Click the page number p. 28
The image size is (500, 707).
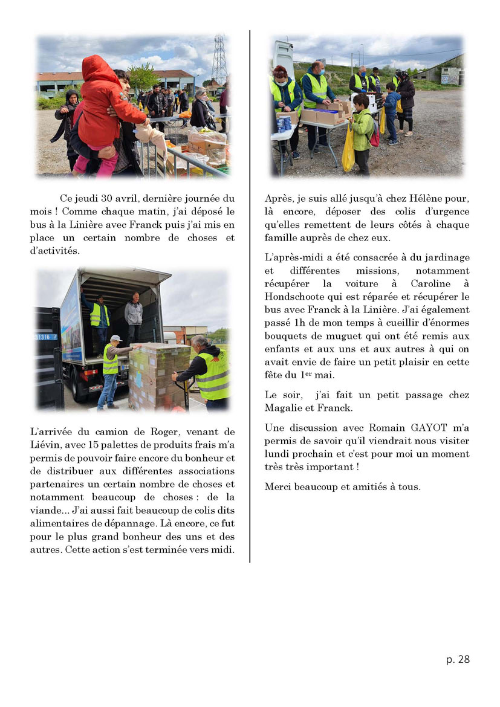click(458, 659)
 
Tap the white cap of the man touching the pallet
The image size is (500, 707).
click(115, 338)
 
